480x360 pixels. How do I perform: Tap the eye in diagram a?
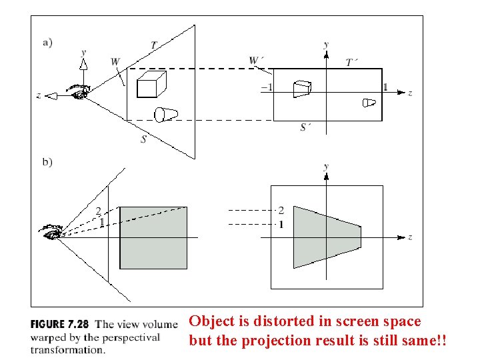click(79, 92)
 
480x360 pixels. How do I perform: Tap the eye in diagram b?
click(52, 233)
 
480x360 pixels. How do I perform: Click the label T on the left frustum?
click(154, 45)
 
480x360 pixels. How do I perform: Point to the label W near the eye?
click(115, 62)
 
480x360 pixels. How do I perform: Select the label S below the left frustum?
click(143, 139)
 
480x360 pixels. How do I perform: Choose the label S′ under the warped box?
click(305, 127)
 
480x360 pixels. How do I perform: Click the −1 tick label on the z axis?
click(266, 87)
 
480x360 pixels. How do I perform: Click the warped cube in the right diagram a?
click(303, 89)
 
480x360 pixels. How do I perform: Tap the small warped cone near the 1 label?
click(369, 102)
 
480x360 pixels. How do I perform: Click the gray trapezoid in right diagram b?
click(326, 237)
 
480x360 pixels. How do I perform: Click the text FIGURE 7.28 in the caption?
click(59, 325)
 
